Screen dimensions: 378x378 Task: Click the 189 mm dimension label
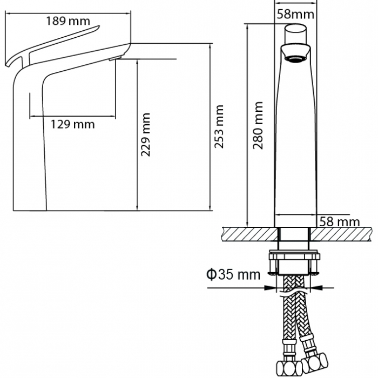(x=68, y=21)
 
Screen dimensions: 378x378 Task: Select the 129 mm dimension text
(x=72, y=124)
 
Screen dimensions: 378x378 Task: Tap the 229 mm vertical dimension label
(x=145, y=134)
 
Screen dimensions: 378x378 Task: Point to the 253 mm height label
(x=219, y=126)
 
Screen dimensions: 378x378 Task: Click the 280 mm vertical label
(x=258, y=125)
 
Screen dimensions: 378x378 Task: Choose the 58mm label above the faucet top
(x=295, y=14)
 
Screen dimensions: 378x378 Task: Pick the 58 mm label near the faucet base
(x=340, y=222)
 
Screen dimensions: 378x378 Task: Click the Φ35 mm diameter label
(x=233, y=274)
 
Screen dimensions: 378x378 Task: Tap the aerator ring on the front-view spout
(x=295, y=59)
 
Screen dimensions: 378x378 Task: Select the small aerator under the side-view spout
(x=114, y=58)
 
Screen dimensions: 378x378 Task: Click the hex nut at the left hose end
(x=289, y=368)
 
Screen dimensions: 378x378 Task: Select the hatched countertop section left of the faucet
(x=250, y=234)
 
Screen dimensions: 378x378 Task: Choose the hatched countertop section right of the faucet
(x=341, y=234)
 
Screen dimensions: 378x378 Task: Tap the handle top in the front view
(x=295, y=33)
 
